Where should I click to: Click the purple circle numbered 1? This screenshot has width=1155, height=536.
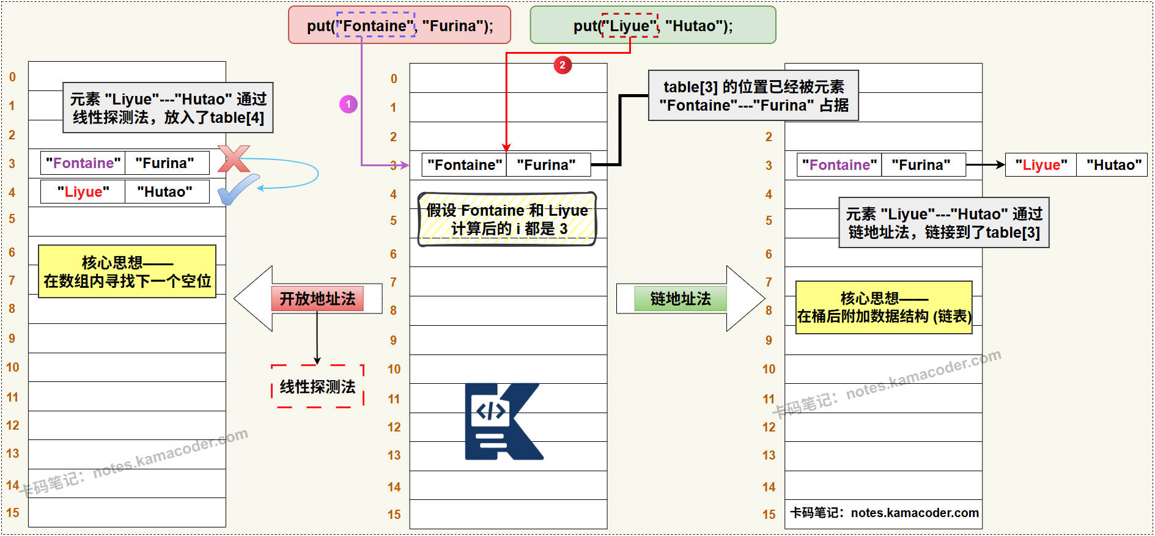tap(349, 104)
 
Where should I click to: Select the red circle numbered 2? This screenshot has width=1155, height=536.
tap(563, 65)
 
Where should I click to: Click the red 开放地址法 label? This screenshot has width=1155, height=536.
tap(317, 299)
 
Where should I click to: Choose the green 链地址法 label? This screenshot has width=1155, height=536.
tap(681, 299)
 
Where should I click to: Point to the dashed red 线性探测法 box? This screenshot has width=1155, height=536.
tap(317, 386)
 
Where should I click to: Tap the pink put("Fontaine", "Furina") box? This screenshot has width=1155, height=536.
tap(399, 26)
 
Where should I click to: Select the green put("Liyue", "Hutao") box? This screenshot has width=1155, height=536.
tap(652, 26)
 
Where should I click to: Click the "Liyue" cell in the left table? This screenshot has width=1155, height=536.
tap(83, 192)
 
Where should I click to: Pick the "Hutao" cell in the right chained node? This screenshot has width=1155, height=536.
tap(1113, 165)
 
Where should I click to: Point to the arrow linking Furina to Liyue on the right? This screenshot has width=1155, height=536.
tap(985, 164)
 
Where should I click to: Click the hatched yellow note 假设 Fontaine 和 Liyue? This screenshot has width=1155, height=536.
tap(507, 219)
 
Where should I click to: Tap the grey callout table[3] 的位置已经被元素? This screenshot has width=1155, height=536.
tap(753, 96)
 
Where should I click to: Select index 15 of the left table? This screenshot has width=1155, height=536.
tap(13, 513)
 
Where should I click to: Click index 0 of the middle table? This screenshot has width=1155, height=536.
tap(394, 79)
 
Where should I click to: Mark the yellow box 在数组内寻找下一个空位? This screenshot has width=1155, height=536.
tap(127, 272)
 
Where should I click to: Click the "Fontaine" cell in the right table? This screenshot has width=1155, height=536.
tap(839, 165)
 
